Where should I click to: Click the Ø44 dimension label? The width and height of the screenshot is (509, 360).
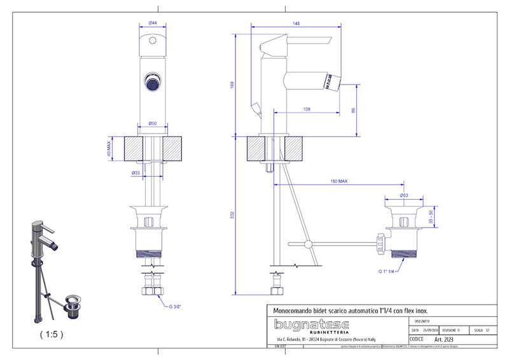153,24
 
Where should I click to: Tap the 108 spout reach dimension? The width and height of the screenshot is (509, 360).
307,110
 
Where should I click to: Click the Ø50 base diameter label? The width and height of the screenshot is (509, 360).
153,123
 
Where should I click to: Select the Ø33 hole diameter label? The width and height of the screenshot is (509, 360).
136,172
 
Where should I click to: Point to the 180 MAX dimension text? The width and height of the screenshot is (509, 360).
338,181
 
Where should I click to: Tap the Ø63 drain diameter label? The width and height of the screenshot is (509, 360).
403,195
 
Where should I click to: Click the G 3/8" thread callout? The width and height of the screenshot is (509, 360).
176,306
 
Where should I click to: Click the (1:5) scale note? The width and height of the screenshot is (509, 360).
51,333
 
